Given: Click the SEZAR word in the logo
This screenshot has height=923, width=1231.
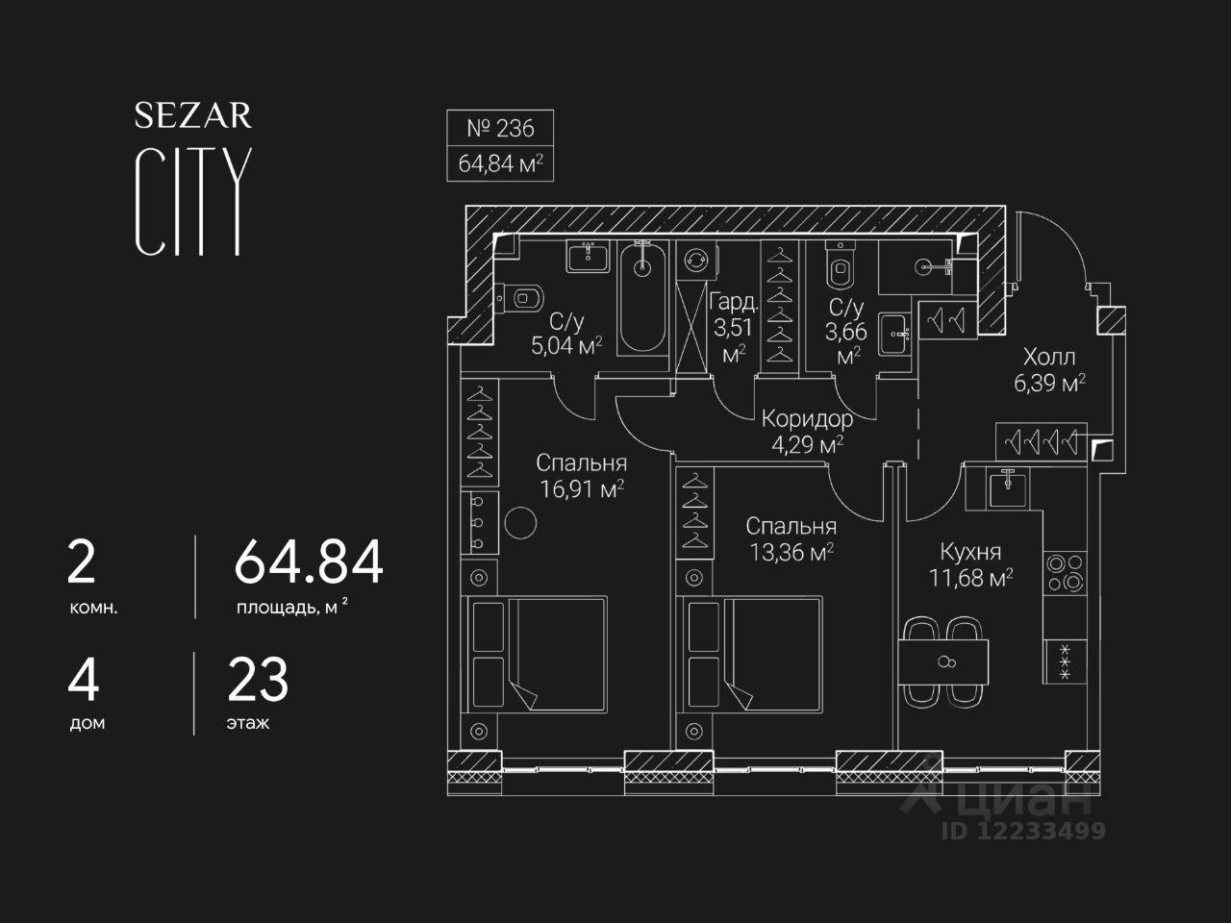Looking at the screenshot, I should pyautogui.click(x=193, y=116).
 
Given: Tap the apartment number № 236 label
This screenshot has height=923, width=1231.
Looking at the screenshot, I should pyautogui.click(x=500, y=128).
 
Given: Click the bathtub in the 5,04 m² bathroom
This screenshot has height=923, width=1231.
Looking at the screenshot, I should pyautogui.click(x=641, y=298).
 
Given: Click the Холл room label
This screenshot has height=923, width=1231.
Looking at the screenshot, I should pyautogui.click(x=1049, y=358).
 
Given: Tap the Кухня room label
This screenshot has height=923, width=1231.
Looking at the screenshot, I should pyautogui.click(x=970, y=552).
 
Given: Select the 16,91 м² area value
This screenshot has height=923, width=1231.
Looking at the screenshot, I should pyautogui.click(x=582, y=488).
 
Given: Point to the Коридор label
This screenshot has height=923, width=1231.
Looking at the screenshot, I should pyautogui.click(x=807, y=419).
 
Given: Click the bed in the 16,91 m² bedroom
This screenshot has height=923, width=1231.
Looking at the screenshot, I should pyautogui.click(x=538, y=653).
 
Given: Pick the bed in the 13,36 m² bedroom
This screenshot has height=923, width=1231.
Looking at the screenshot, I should pyautogui.click(x=750, y=653).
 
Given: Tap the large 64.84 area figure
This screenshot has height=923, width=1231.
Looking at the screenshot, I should pyautogui.click(x=309, y=562).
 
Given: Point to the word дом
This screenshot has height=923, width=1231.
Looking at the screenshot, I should pyautogui.click(x=88, y=723).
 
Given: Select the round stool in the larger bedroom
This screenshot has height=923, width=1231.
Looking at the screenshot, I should pyautogui.click(x=522, y=523).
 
